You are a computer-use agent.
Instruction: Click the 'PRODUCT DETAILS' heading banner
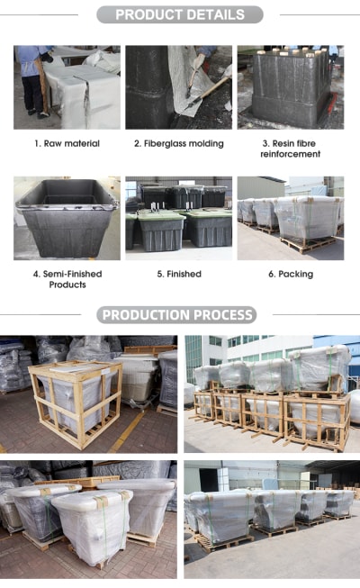pyautogui.click(x=180, y=14)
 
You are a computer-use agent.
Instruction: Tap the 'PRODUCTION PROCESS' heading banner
pyautogui.click(x=176, y=314)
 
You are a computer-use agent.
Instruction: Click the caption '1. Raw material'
pyautogui.click(x=67, y=143)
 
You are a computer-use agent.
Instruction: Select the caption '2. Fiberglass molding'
pyautogui.click(x=179, y=144)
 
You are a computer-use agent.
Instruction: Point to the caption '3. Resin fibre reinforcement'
pyautogui.click(x=290, y=149)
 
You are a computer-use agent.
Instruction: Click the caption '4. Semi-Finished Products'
pyautogui.click(x=67, y=279)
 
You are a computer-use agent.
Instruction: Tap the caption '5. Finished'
pyautogui.click(x=179, y=274)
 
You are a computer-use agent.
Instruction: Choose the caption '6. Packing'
pyautogui.click(x=291, y=274)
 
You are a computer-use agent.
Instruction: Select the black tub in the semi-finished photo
pyautogui.click(x=67, y=218)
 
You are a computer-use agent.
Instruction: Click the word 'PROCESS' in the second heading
pyautogui.click(x=223, y=315)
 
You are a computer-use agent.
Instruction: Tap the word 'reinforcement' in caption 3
pyautogui.click(x=290, y=154)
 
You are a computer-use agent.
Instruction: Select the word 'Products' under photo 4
pyautogui.click(x=67, y=285)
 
